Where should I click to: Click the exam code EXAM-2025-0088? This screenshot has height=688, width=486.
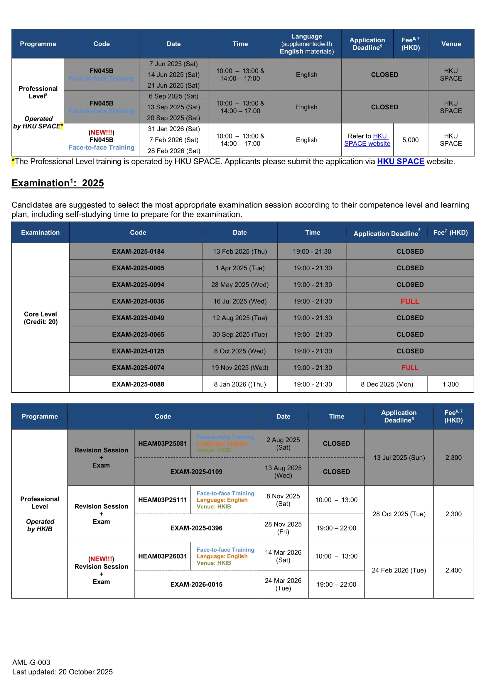(x=138, y=384)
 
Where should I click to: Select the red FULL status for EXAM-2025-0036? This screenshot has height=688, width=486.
(x=410, y=301)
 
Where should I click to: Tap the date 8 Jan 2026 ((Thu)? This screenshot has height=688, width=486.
(x=240, y=384)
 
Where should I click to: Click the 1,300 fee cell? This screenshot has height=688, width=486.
(x=450, y=384)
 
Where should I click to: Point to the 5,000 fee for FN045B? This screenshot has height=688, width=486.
(x=410, y=140)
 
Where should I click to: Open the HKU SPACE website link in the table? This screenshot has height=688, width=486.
(x=367, y=140)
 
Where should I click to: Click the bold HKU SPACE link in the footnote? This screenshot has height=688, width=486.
(x=400, y=162)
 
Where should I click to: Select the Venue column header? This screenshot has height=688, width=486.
(x=451, y=44)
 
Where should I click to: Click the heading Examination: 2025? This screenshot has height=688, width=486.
(x=58, y=183)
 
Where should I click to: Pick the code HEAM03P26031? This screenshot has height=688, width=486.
(x=163, y=556)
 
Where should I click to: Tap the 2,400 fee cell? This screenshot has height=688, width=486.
(x=453, y=570)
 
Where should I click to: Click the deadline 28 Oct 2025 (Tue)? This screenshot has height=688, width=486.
(x=399, y=514)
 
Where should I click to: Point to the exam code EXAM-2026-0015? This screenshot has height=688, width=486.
(x=196, y=584)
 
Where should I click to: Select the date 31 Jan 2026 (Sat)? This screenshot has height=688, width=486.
(x=173, y=129)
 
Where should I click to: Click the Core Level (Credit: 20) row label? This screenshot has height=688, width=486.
(x=41, y=318)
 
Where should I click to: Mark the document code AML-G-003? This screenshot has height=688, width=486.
(x=31, y=662)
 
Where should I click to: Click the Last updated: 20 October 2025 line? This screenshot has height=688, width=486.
(x=62, y=672)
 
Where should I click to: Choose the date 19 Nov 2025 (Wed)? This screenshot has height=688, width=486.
(x=240, y=368)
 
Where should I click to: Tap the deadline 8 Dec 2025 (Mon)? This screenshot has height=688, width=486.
(x=387, y=384)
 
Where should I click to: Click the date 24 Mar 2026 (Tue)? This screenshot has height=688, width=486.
(x=283, y=584)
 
